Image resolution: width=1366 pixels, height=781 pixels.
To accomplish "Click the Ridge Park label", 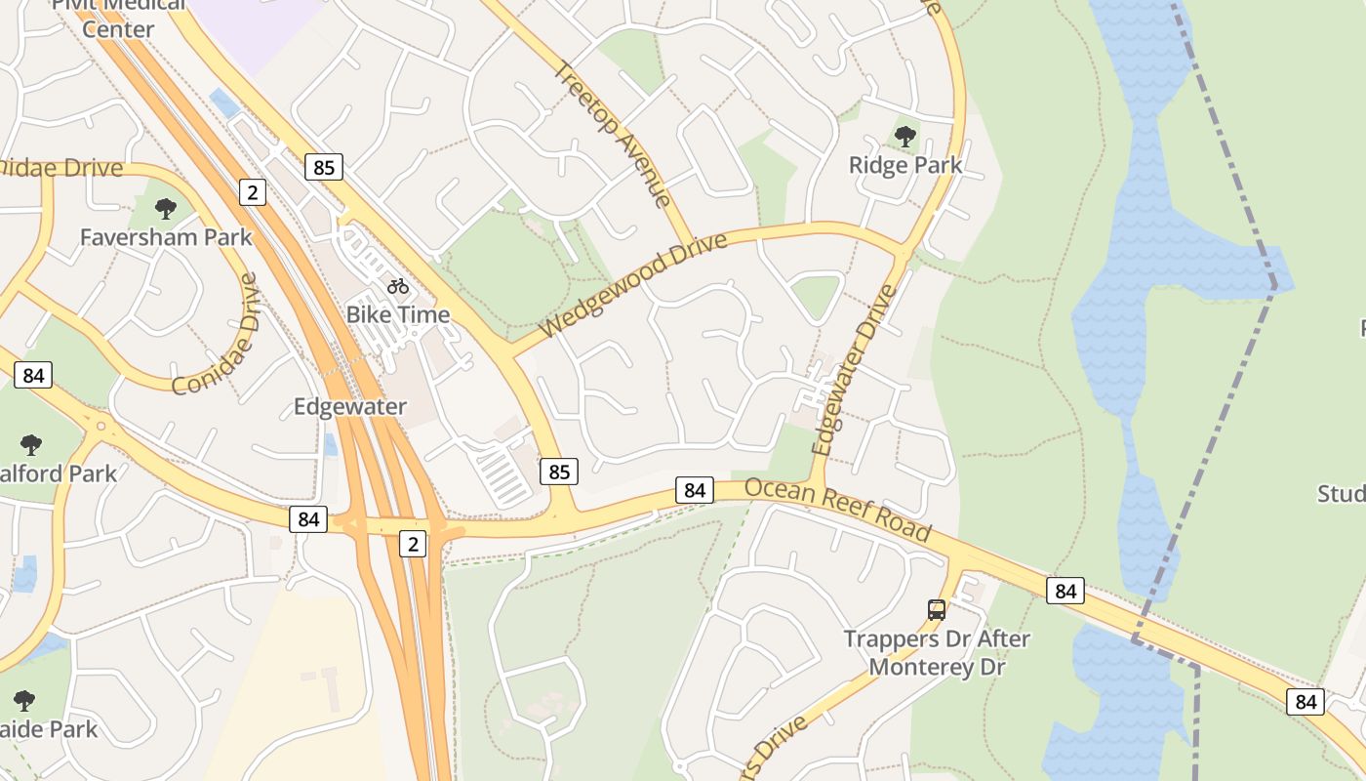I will point(905,165).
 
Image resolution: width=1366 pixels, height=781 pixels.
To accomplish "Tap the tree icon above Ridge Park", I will point(905,137).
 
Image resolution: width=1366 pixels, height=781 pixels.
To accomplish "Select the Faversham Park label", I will point(166,237).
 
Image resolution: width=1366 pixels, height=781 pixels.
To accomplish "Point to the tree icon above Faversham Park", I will point(166,208).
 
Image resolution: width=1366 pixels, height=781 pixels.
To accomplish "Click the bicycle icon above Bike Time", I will point(398,286).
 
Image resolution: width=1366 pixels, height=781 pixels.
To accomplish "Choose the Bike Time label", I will point(398,314).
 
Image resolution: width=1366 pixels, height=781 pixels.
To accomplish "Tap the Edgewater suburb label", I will point(350,406).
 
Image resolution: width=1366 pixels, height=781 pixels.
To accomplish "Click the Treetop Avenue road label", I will point(613,135).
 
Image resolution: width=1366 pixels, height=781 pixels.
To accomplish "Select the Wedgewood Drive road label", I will point(633,285).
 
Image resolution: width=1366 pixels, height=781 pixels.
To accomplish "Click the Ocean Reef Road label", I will point(837,510).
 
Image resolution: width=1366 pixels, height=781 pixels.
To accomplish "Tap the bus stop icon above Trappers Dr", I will point(937,610).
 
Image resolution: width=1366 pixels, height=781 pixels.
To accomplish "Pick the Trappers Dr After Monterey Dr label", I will point(937,653).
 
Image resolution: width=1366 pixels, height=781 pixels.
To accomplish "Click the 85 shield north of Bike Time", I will point(324,167).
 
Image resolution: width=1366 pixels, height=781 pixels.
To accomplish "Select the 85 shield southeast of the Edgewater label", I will point(558,472).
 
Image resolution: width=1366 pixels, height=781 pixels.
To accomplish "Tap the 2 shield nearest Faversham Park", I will point(253,191).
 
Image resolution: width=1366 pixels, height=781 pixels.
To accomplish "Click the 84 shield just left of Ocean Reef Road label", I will point(694,490).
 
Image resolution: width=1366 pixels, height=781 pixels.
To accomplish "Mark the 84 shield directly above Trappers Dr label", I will point(1065,591).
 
